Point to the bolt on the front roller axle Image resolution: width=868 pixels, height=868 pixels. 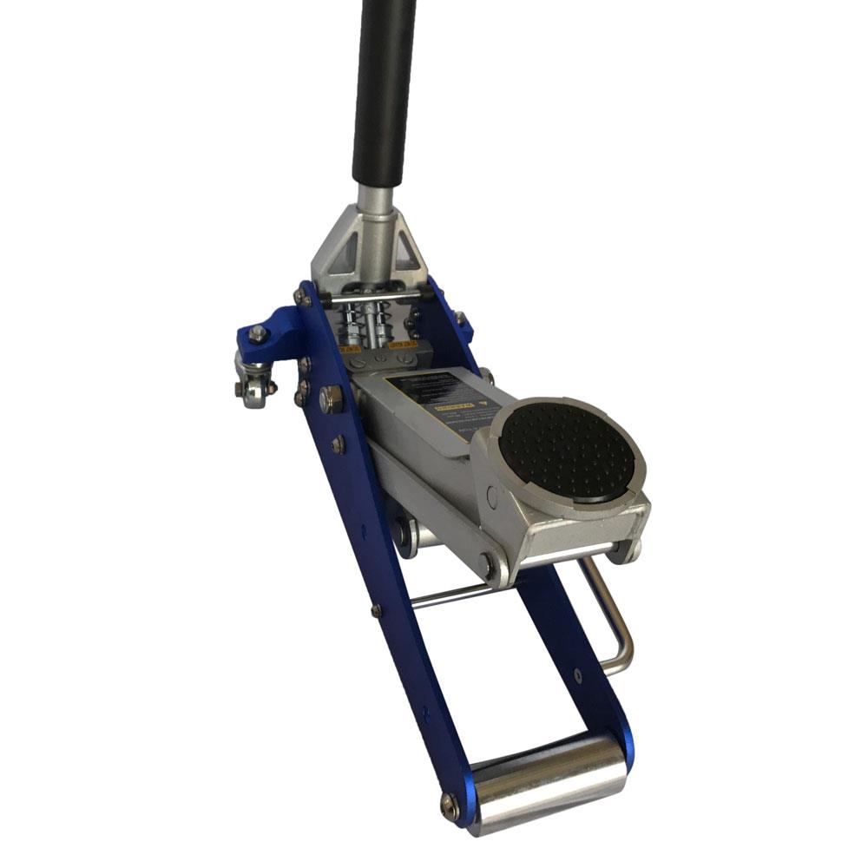tap(449, 805)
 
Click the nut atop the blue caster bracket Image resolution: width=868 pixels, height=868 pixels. tap(258, 332)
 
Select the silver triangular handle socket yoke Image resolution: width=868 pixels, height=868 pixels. tap(368, 247)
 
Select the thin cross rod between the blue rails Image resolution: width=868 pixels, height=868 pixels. tap(451, 594)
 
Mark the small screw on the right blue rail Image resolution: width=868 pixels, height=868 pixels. tap(577, 675)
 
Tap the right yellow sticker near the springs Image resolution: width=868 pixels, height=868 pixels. tap(402, 345)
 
